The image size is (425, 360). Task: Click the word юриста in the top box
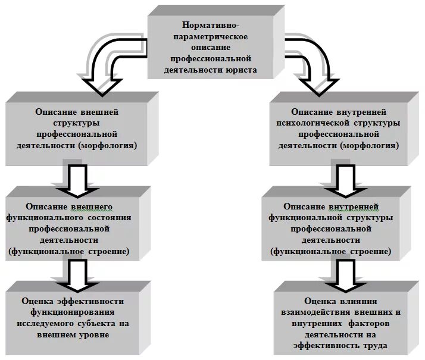pos(241,70)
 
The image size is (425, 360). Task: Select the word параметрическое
pos(211,37)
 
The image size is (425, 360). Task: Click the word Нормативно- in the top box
pos(211,26)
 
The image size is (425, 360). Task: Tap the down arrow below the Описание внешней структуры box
pos(77,179)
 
